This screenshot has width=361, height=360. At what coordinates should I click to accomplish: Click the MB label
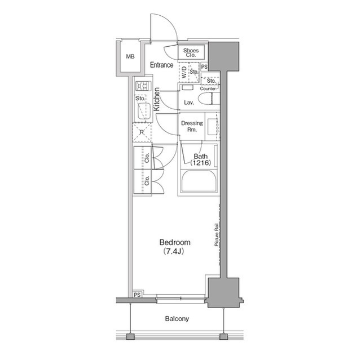(130, 57)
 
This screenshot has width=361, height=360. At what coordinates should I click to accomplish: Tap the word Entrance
(161, 65)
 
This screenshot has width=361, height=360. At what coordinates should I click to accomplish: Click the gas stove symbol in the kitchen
(142, 86)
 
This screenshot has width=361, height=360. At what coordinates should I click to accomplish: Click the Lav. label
(190, 103)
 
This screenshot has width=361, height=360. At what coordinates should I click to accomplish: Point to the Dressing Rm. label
(191, 126)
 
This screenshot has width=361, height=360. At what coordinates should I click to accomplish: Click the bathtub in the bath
(198, 183)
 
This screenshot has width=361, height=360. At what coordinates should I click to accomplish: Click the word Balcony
(177, 319)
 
